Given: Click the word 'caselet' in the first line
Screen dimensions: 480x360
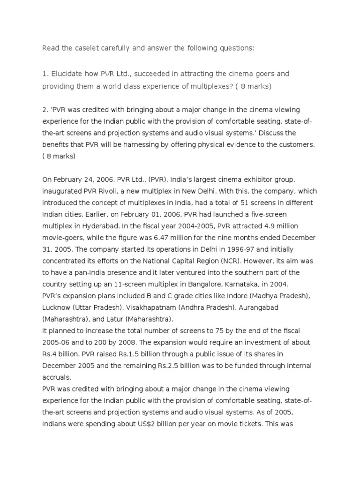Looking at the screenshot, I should pos(90,48).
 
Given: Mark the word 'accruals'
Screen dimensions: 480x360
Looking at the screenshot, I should pos(56,377).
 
